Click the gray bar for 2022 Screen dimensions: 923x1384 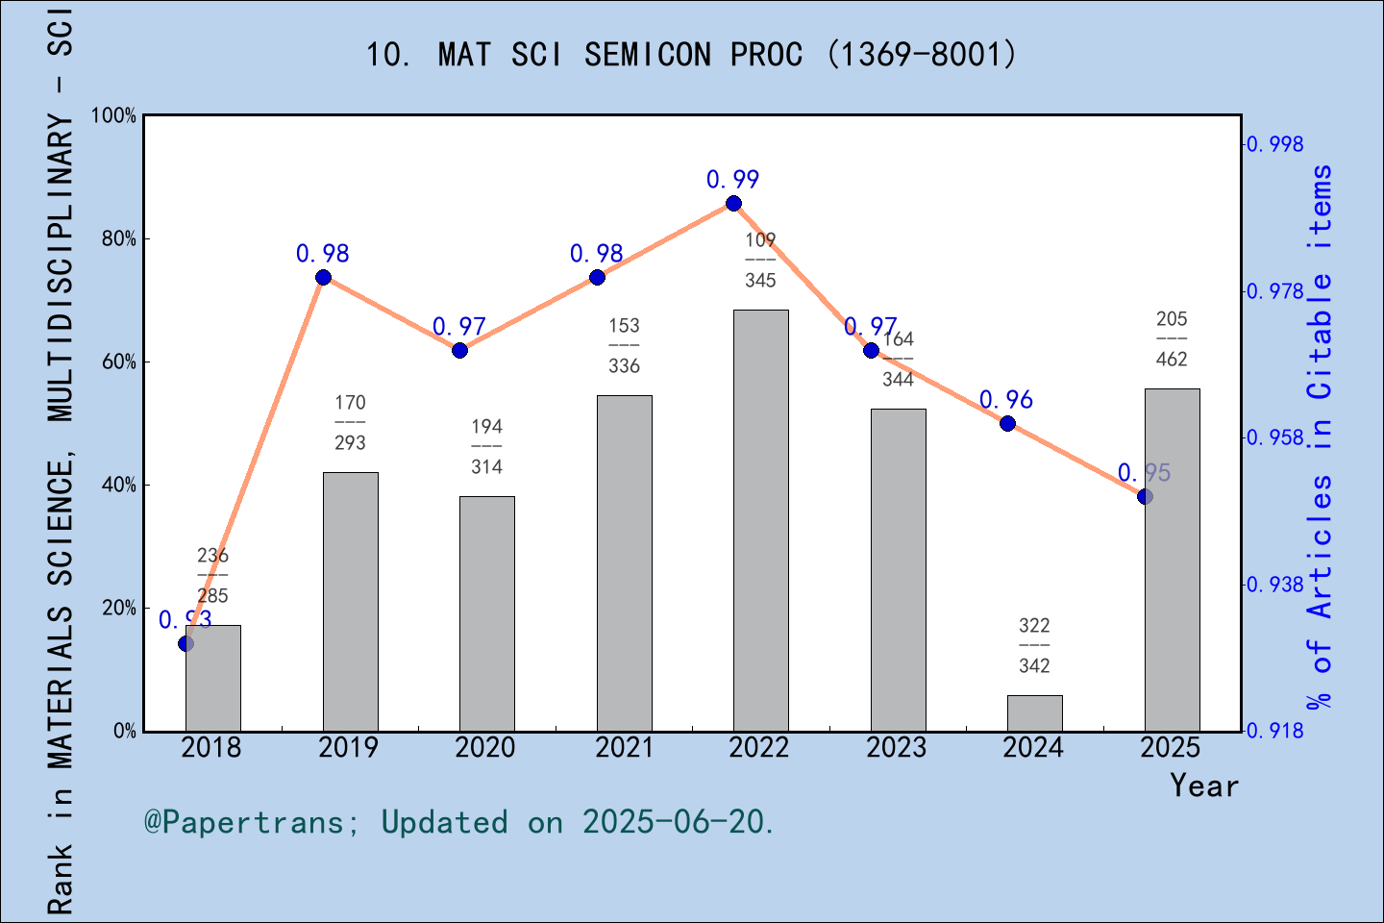[760, 519]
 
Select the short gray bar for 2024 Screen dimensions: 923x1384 [1034, 712]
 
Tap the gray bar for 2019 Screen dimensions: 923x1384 [350, 601]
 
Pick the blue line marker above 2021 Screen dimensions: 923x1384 [597, 278]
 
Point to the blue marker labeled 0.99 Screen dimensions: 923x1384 [733, 203]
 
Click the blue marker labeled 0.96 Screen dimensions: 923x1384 [1007, 423]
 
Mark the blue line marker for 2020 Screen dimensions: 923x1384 [459, 350]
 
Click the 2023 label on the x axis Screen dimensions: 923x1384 [896, 748]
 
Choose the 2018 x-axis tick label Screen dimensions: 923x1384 [211, 748]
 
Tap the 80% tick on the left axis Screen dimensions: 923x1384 [119, 238]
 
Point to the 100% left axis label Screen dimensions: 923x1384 [114, 115]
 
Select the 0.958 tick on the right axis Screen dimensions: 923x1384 [1275, 438]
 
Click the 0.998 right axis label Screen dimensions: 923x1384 [1275, 144]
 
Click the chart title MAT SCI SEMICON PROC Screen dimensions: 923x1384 [690, 55]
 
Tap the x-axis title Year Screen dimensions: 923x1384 [1203, 786]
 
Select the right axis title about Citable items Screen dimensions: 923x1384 [1321, 437]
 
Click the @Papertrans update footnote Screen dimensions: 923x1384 [459, 823]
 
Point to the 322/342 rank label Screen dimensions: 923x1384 [1034, 645]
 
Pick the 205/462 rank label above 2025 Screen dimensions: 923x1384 [1172, 338]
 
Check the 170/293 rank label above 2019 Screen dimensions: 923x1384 [350, 422]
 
